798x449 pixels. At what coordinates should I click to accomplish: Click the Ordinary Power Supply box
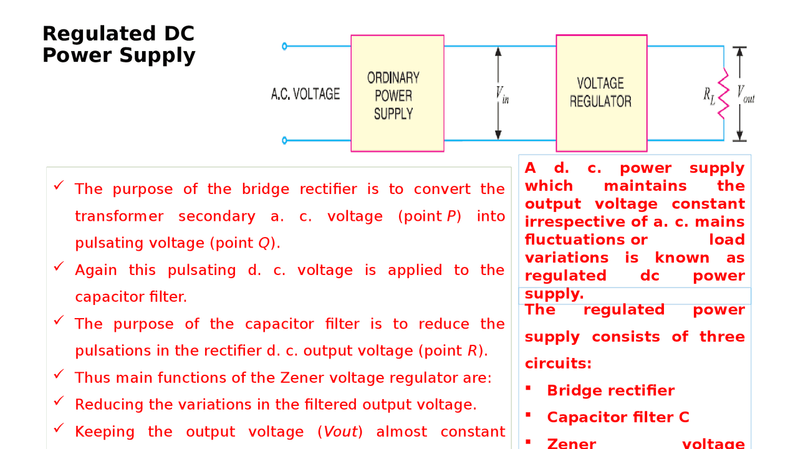tap(397, 94)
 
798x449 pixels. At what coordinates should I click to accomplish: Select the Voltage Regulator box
tap(601, 93)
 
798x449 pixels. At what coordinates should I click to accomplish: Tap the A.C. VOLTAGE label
tap(305, 94)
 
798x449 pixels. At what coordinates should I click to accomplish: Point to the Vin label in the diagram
tap(502, 94)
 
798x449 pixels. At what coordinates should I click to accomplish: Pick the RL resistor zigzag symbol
tap(723, 94)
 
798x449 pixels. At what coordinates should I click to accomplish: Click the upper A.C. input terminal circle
tap(285, 46)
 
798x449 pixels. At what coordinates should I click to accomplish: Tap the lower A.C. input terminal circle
tap(285, 140)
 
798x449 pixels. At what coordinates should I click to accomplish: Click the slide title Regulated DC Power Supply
tap(118, 44)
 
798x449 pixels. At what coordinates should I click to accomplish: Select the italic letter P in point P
tap(451, 216)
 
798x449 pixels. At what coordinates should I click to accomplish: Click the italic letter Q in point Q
tap(264, 243)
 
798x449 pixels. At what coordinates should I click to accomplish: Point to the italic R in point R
tap(472, 351)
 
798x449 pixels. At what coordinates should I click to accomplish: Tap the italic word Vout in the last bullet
tap(340, 432)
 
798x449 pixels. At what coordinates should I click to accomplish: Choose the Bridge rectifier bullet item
tap(610, 391)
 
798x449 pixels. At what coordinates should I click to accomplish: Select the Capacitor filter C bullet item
tap(618, 418)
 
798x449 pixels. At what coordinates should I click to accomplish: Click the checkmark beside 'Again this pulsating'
tap(59, 266)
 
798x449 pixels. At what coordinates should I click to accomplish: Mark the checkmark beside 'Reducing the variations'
tap(59, 401)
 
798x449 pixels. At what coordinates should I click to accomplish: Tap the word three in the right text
tap(722, 337)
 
